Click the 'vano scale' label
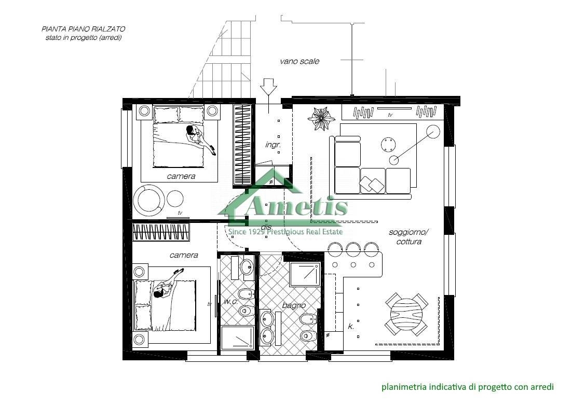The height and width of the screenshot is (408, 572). pos(299,61)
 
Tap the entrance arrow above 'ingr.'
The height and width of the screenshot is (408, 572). pos(268,88)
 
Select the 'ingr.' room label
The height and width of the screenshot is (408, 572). pos(273,145)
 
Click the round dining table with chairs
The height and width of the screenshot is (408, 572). pos(406,314)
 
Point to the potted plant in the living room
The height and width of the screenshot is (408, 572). pos(321,118)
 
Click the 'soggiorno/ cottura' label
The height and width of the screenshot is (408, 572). pos(408,237)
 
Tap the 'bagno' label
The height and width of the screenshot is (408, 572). pos(294,305)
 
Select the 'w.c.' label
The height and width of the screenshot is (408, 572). pos(230,302)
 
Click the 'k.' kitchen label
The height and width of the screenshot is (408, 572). pos(350,327)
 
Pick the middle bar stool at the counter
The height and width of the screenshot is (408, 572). pos(353,249)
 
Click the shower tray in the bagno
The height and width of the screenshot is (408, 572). pos(305,274)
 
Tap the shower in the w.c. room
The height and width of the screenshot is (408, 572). pos(238,337)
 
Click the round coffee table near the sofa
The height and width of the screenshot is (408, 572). pos(388,145)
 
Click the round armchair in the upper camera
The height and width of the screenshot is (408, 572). pos(149,200)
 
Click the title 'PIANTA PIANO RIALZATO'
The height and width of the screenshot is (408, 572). pos(84,29)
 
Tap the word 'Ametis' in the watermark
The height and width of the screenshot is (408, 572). pos(296,206)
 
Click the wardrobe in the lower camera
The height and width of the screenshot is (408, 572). pos(161,232)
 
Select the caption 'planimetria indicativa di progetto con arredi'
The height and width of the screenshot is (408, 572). pos(468,387)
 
